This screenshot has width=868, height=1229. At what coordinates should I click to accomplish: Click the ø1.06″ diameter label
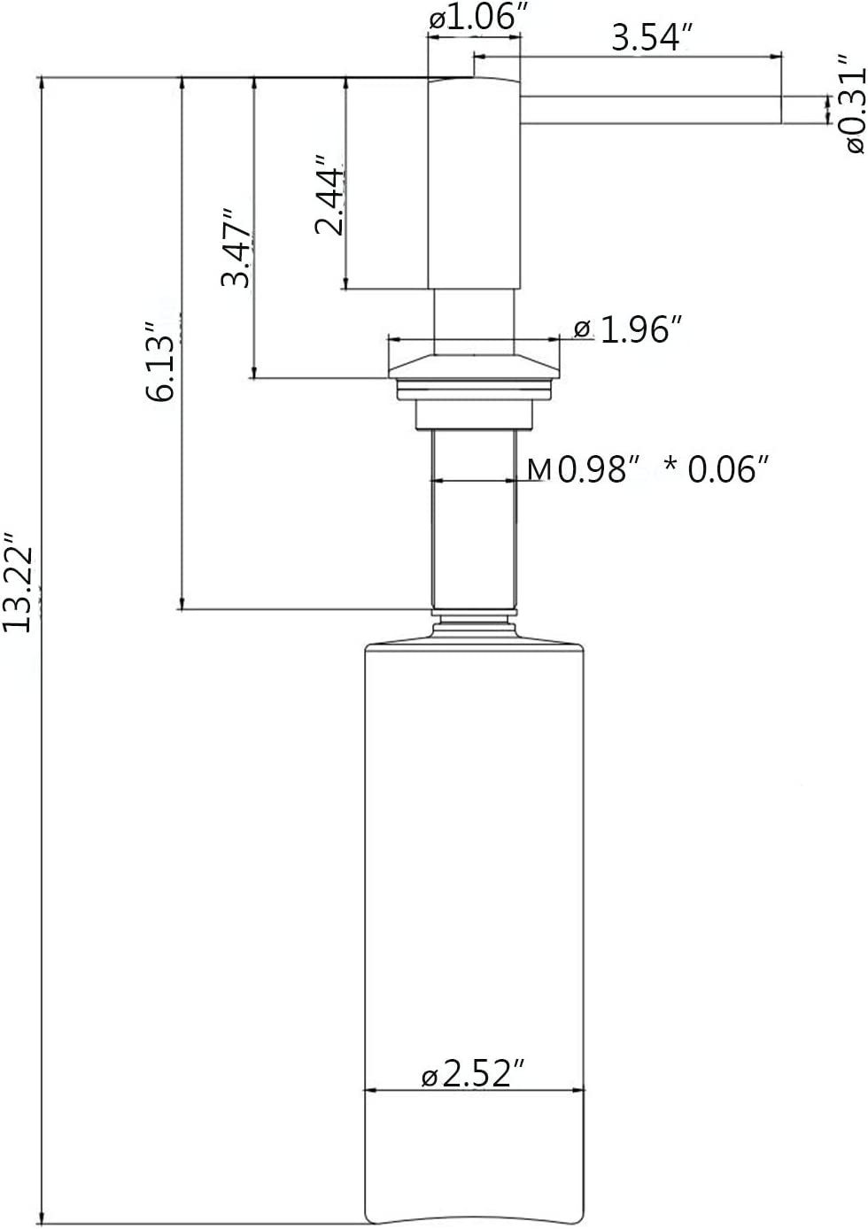[472, 19]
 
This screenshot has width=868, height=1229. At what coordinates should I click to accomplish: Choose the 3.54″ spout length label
[651, 37]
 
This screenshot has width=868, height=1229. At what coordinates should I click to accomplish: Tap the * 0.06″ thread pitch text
[713, 469]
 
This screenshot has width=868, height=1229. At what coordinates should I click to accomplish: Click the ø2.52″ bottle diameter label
[469, 1075]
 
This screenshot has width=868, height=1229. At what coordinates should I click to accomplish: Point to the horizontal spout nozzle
[651, 108]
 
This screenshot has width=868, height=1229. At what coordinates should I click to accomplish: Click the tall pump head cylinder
[474, 182]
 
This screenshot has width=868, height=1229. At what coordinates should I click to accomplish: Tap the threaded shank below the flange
[474, 522]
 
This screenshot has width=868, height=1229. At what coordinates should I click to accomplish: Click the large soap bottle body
[475, 885]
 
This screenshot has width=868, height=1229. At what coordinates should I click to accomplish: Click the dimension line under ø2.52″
[475, 1091]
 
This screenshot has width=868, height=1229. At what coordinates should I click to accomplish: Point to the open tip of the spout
[779, 108]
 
